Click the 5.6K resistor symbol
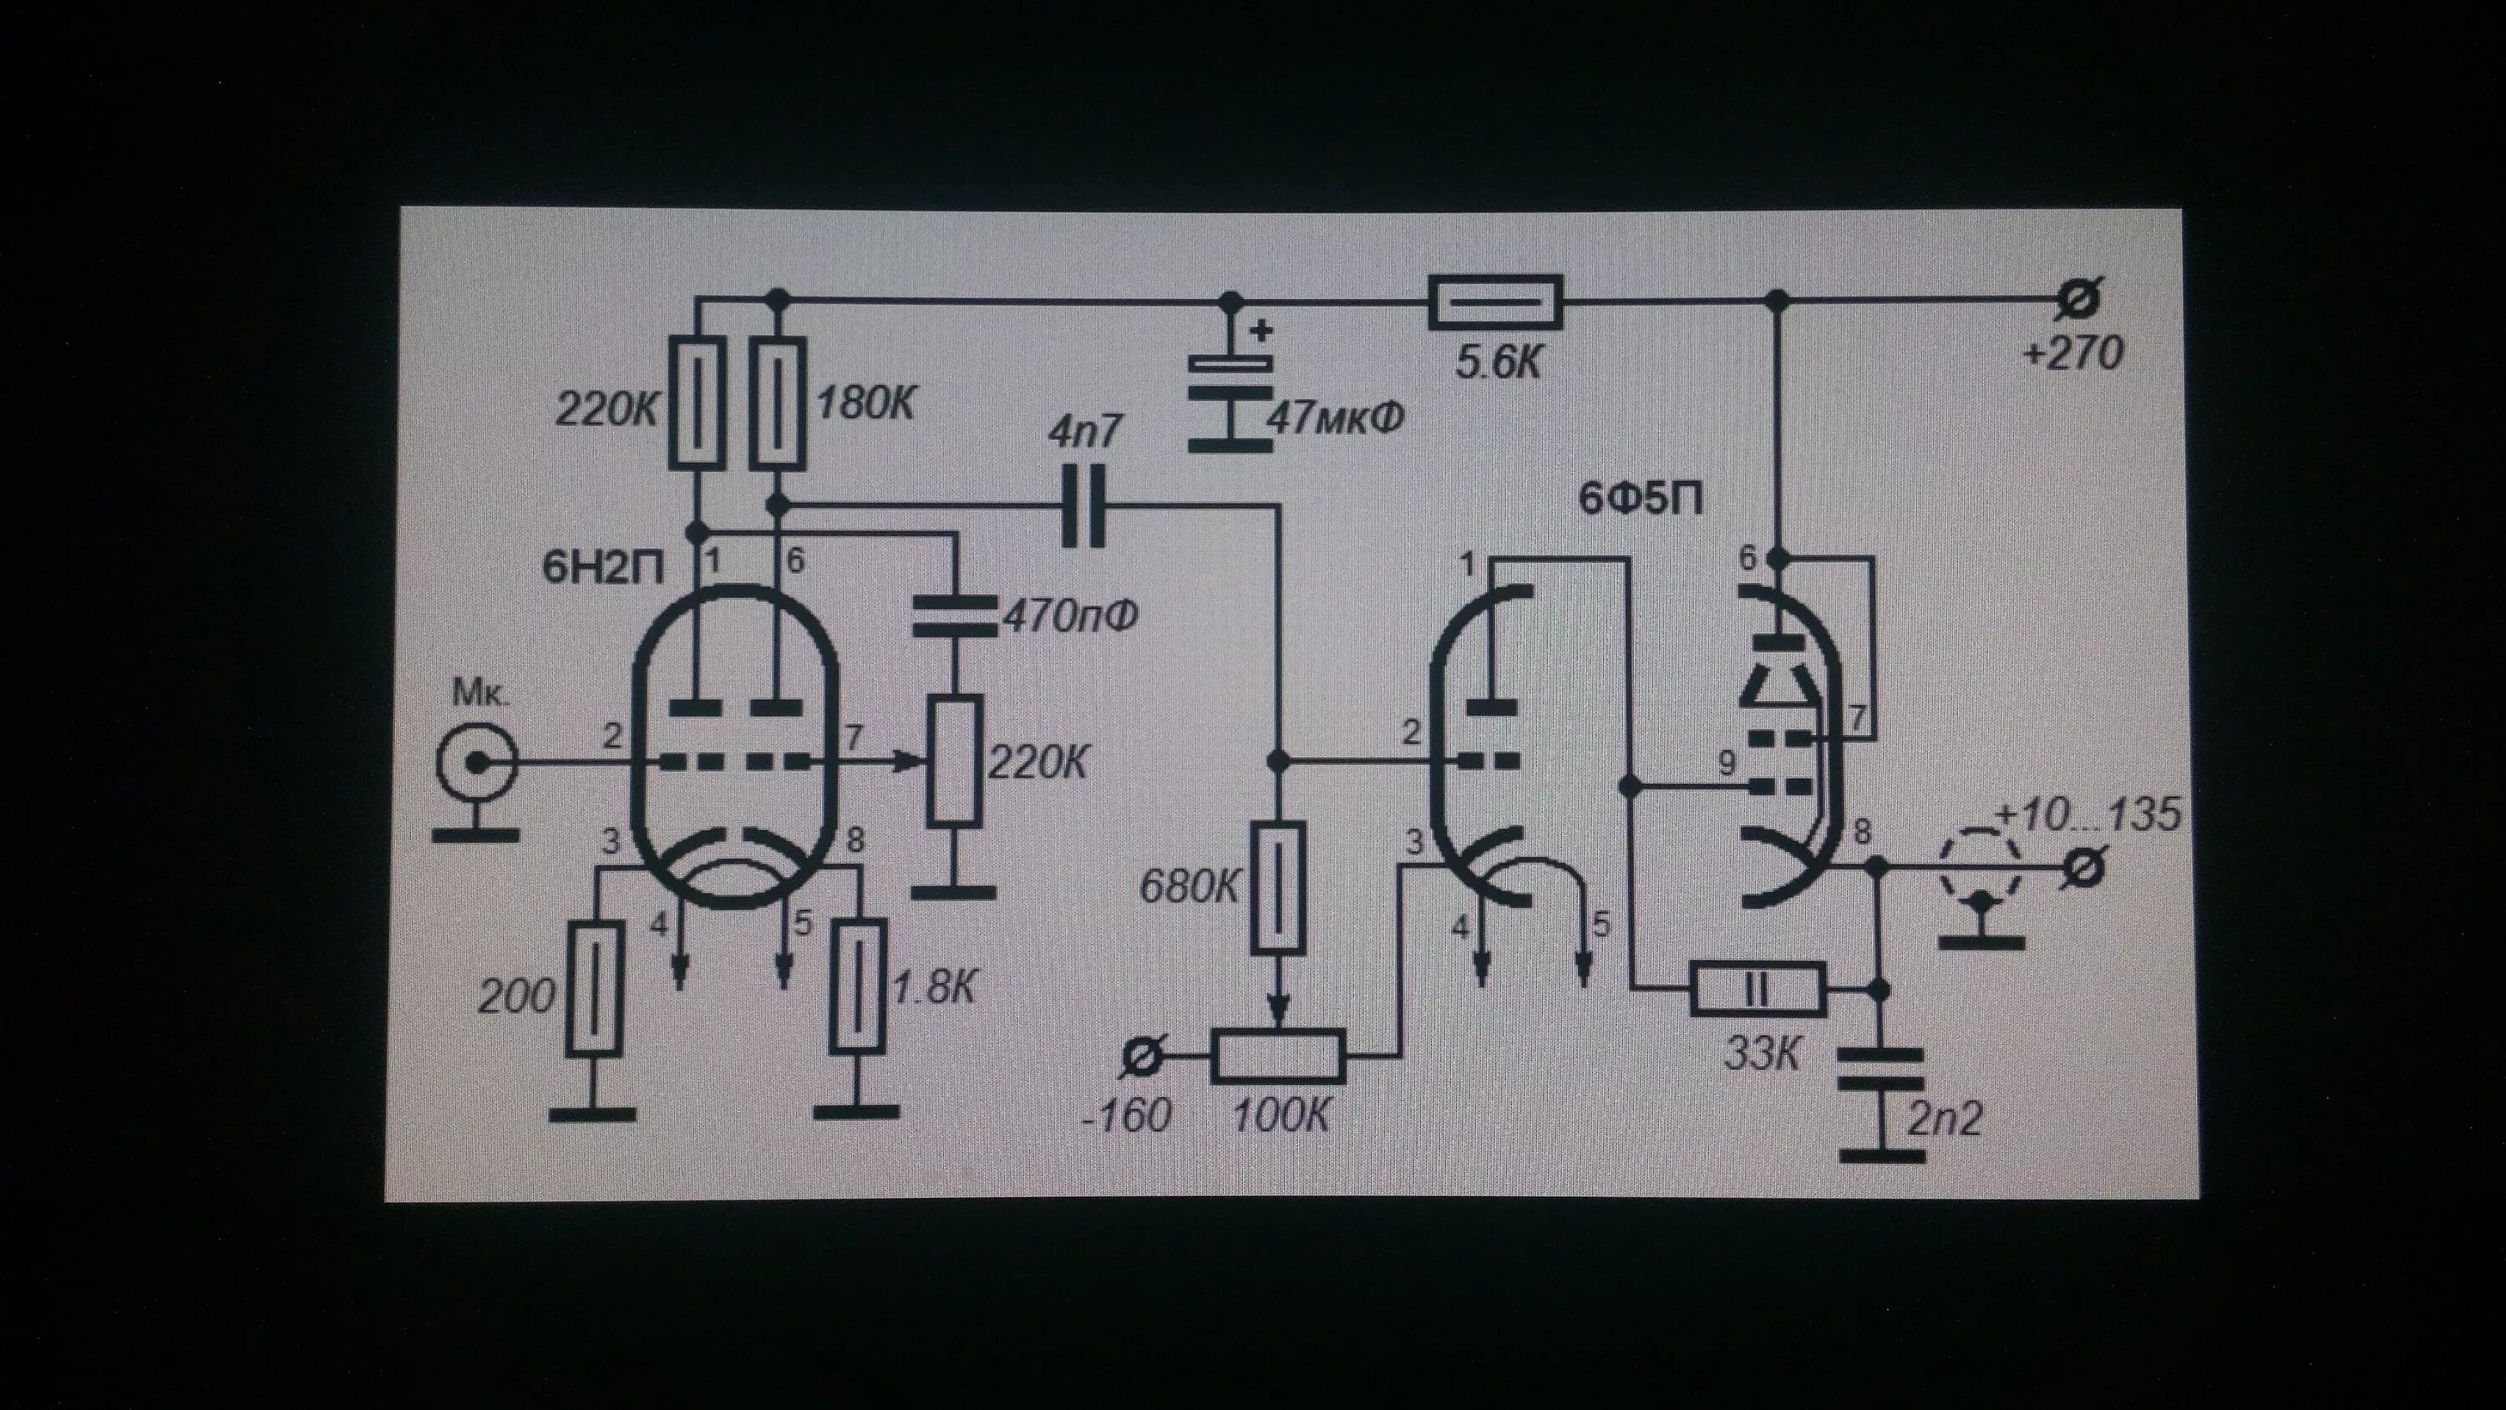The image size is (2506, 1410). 1495,302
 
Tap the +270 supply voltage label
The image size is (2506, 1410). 2072,354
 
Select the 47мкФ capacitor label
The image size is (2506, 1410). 1336,418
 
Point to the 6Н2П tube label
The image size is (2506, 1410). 603,568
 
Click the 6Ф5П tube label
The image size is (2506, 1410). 1641,500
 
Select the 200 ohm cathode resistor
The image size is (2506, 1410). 593,989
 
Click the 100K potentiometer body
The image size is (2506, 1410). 1278,1055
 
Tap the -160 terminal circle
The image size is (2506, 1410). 1142,1056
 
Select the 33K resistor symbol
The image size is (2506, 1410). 1758,990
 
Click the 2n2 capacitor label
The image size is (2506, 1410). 1944,1119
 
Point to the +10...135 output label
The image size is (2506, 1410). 2087,814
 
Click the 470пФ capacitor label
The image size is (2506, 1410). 1070,615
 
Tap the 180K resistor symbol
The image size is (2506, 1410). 779,403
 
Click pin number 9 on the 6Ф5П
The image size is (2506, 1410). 1727,762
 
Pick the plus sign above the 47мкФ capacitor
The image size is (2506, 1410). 1261,331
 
